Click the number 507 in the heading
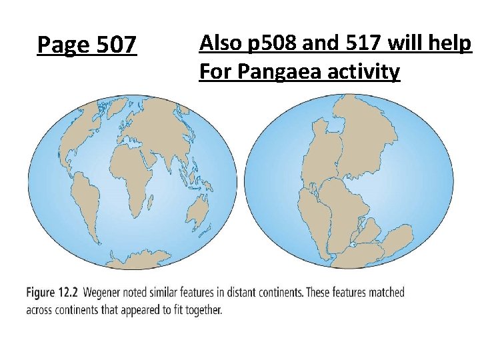click(117, 45)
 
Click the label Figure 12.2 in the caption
click(53, 292)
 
